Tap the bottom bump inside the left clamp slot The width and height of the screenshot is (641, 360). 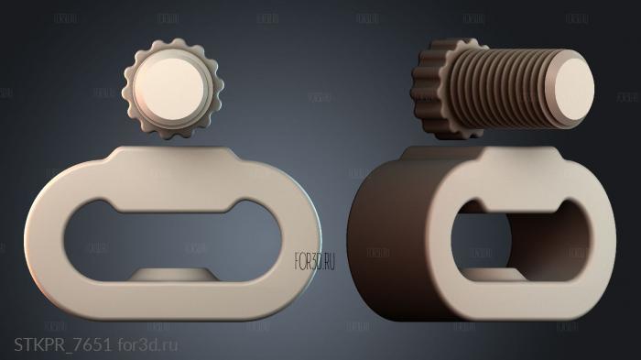(x=173, y=275)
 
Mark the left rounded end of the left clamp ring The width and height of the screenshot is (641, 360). (x=46, y=234)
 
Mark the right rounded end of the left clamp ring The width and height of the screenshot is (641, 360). (x=302, y=234)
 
